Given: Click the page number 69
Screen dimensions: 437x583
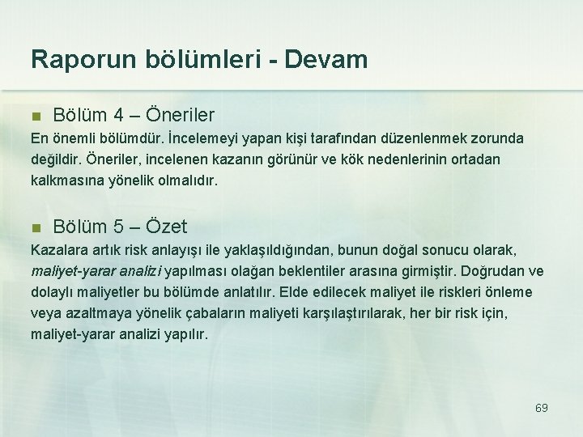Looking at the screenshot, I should click(x=542, y=408).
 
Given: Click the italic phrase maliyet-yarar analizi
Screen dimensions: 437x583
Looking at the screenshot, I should click(x=96, y=271).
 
